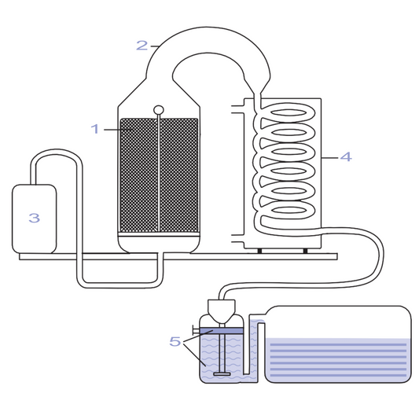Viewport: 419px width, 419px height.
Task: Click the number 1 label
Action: point(95,129)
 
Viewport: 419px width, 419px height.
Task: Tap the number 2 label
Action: point(142,45)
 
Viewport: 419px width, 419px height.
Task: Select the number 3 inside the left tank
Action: point(35,218)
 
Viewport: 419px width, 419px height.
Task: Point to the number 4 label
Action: point(346,156)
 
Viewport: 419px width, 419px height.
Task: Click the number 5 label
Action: point(175,341)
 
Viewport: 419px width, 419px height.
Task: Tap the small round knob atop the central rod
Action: point(159,110)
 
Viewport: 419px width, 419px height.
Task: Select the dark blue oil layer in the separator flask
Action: point(222,331)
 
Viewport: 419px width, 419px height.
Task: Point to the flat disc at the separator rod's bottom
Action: point(222,374)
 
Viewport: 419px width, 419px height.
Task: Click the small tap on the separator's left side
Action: point(196,330)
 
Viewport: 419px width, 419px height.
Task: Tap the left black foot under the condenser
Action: point(259,251)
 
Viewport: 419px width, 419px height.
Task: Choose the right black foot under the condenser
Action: point(305,251)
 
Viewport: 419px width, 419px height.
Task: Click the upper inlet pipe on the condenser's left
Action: point(238,109)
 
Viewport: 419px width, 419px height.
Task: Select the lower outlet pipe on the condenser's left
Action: point(238,239)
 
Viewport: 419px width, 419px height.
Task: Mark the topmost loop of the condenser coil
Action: point(289,112)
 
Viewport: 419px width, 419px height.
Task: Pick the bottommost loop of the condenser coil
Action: point(289,209)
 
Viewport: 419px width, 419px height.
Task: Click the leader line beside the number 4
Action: point(329,158)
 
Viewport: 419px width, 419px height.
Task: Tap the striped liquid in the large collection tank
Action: point(338,360)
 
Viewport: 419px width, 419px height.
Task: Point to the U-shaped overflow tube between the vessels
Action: point(253,347)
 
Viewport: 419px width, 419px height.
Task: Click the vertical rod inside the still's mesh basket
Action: point(159,173)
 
